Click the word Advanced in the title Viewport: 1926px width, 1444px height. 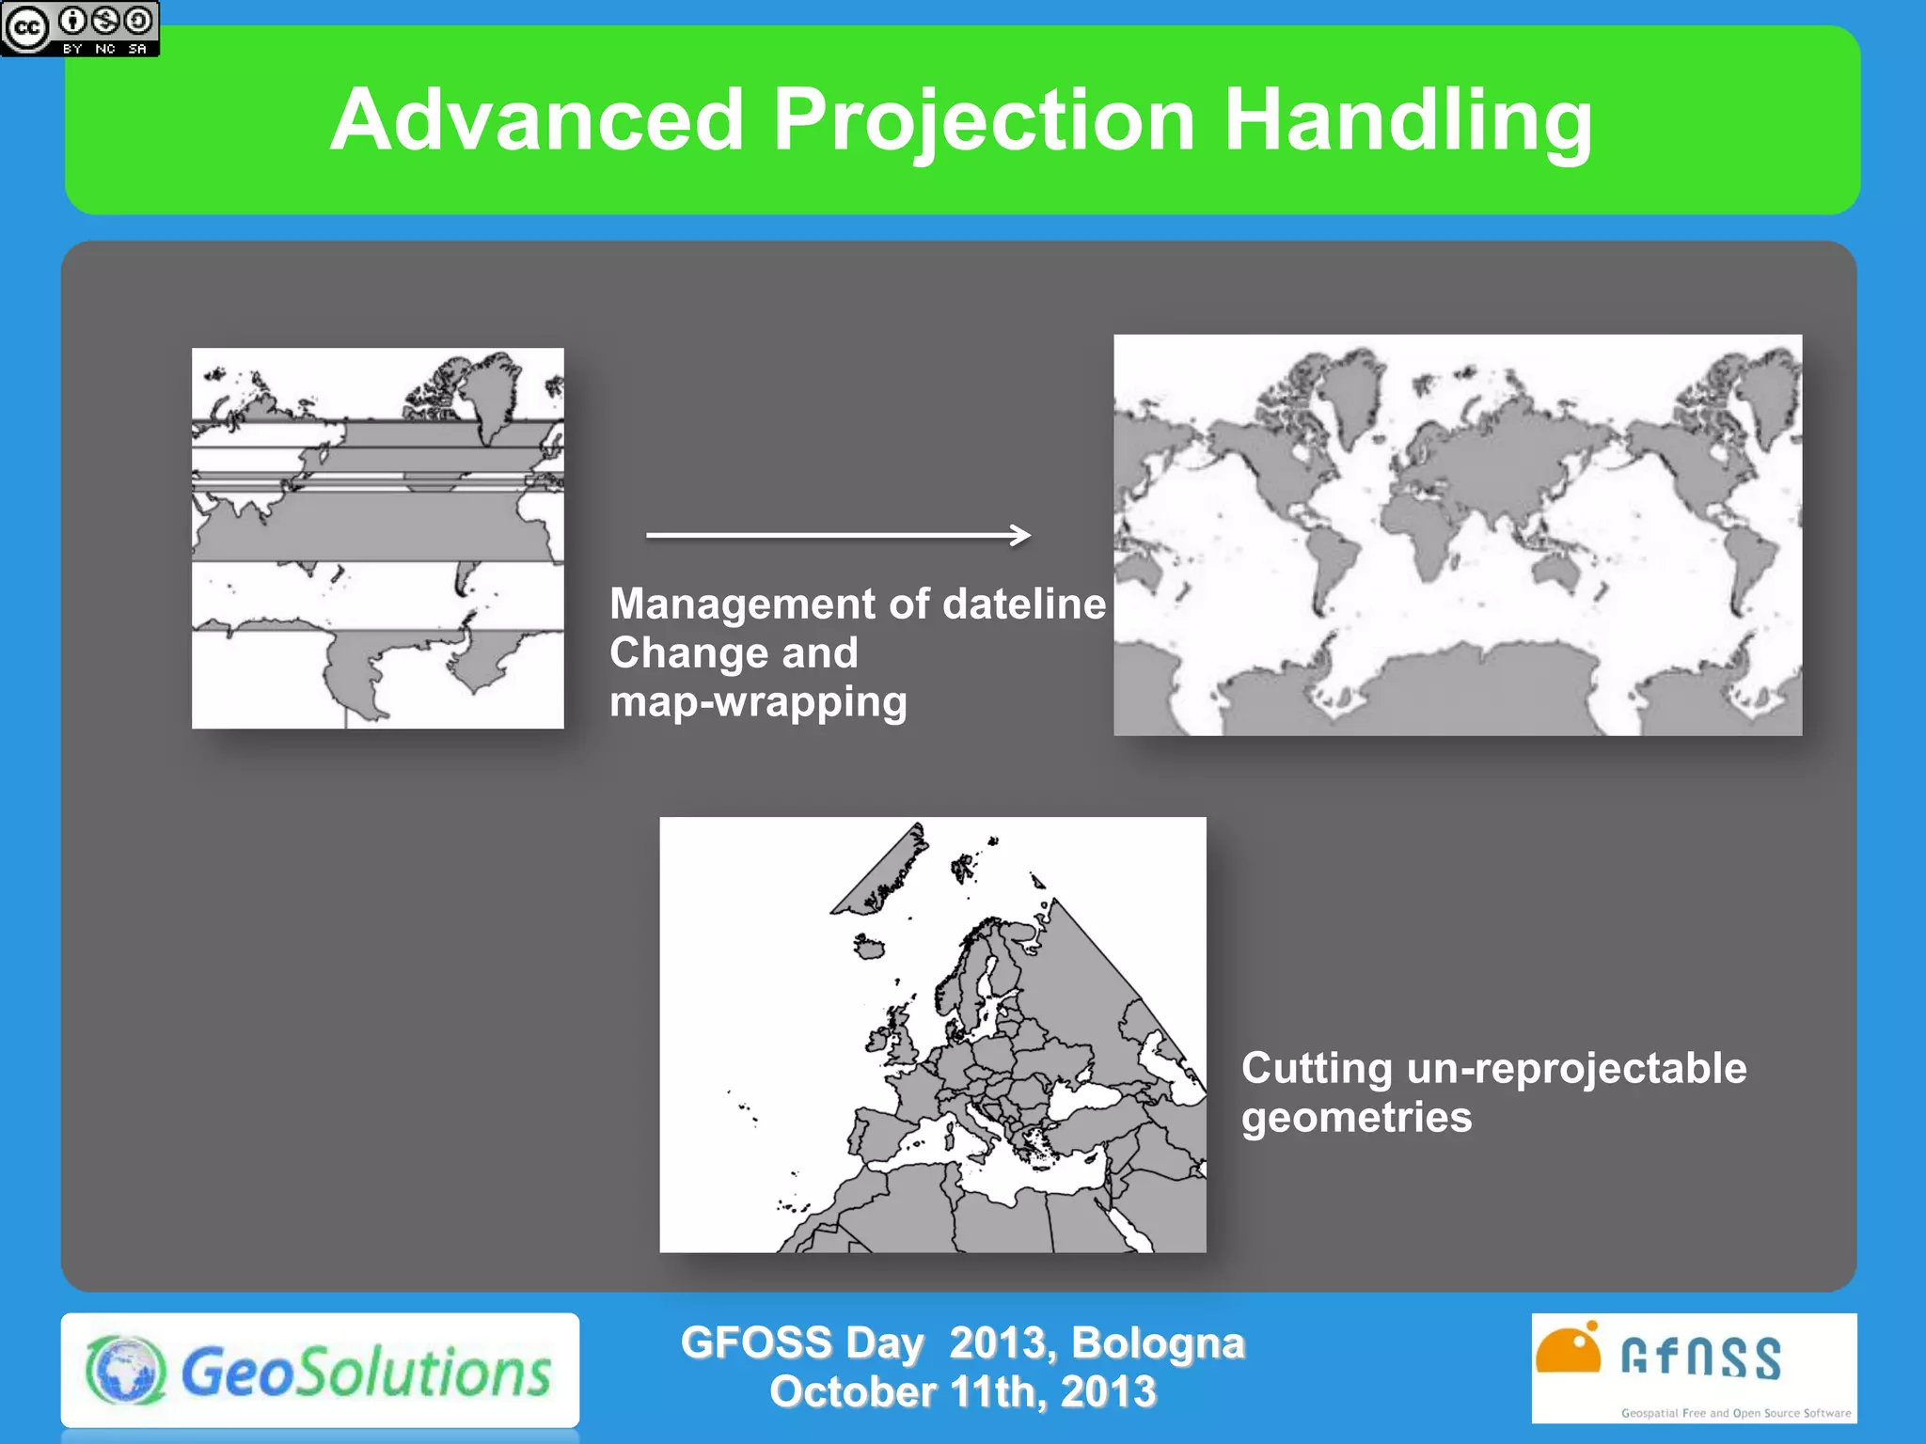pyautogui.click(x=537, y=120)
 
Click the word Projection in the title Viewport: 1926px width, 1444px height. pyautogui.click(x=984, y=120)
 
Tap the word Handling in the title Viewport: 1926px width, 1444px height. pyautogui.click(x=1408, y=120)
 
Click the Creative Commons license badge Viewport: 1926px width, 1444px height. pyautogui.click(x=80, y=28)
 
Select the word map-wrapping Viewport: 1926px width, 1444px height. pyautogui.click(x=758, y=701)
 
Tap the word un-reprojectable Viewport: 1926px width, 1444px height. pyautogui.click(x=1577, y=1068)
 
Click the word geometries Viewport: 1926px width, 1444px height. pyautogui.click(x=1356, y=1117)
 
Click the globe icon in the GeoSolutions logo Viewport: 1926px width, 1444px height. pyautogui.click(x=126, y=1371)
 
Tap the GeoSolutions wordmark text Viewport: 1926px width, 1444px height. pyautogui.click(x=365, y=1373)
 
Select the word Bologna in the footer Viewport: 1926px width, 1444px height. pyautogui.click(x=1158, y=1342)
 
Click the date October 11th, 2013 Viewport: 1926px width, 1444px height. pyautogui.click(x=962, y=1391)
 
